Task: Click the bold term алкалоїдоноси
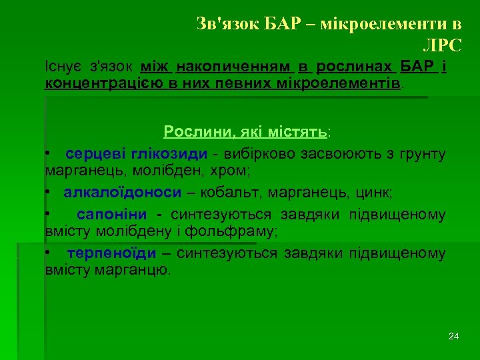123,193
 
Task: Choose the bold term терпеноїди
111,253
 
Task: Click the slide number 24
454,336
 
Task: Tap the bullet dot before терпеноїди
48,254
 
